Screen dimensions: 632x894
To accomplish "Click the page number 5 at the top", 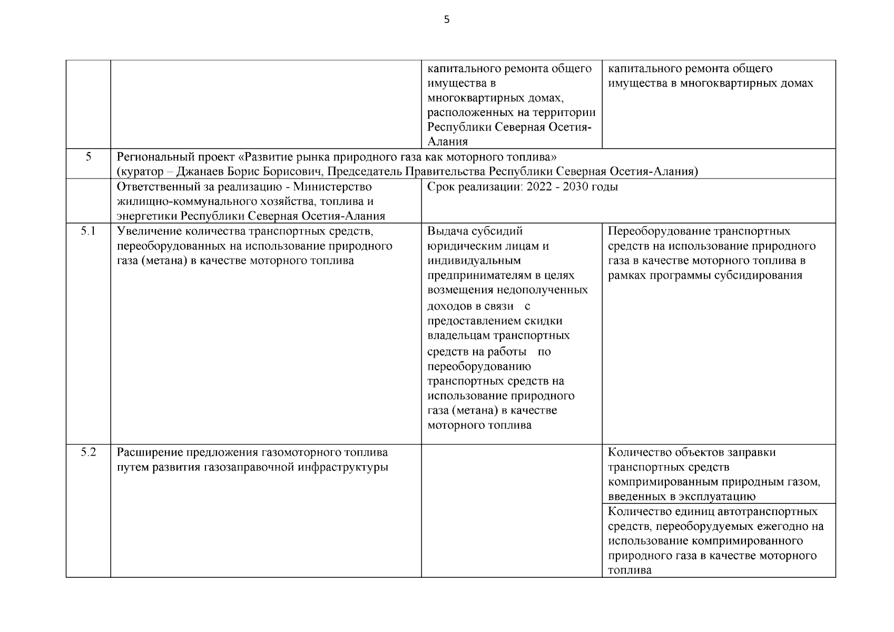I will tap(447, 21).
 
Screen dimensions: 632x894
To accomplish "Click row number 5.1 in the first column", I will tap(88, 231).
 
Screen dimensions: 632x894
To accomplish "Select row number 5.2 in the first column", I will tap(88, 452).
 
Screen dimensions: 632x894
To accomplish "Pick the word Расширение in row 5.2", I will tap(145, 452).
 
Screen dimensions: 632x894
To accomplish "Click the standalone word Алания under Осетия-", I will tap(447, 142).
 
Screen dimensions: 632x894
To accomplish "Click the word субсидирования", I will tap(759, 275).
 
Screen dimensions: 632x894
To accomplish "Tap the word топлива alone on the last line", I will tap(630, 570).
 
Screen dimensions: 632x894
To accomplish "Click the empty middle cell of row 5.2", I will tap(511, 510).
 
